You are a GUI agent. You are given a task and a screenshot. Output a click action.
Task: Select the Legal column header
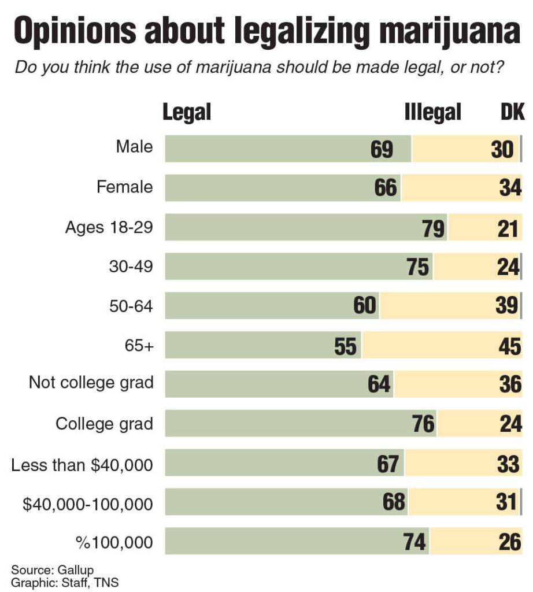[187, 112]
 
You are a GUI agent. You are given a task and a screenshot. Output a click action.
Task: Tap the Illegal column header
[432, 112]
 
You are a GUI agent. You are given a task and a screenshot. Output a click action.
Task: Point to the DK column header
[512, 112]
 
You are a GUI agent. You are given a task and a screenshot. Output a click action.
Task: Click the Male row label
[134, 147]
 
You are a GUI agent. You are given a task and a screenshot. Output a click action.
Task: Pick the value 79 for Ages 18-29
[434, 229]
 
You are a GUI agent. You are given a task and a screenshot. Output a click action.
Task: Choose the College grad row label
[104, 424]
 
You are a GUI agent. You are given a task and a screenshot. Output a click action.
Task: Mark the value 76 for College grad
[423, 424]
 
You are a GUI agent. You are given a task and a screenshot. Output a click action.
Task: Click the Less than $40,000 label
[82, 464]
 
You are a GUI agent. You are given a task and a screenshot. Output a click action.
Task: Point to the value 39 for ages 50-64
[507, 305]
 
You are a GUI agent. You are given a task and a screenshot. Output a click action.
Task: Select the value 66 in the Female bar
[386, 188]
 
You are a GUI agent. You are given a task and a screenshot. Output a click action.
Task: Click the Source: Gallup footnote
[53, 571]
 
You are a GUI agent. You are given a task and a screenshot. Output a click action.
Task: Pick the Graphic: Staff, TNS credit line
[65, 583]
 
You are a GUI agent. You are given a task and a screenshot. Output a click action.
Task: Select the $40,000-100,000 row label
[88, 504]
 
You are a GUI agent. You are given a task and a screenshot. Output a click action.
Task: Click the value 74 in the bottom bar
[414, 542]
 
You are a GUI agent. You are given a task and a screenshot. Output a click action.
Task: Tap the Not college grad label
[91, 383]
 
